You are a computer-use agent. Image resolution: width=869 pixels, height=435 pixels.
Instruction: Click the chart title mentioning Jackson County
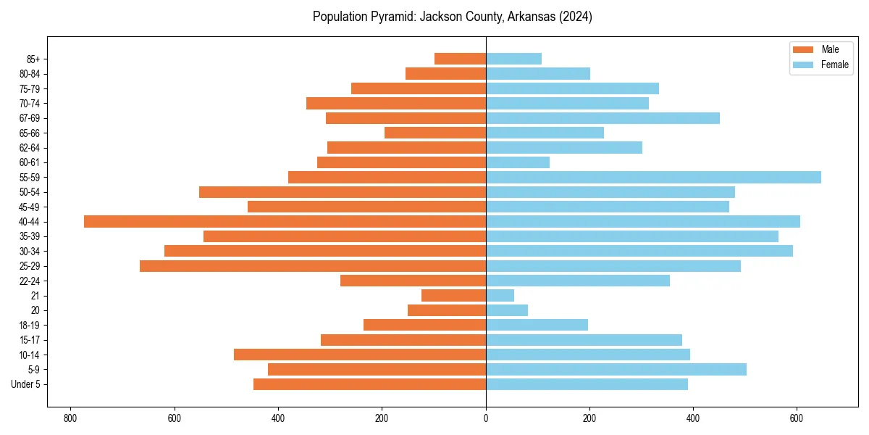pyautogui.click(x=452, y=17)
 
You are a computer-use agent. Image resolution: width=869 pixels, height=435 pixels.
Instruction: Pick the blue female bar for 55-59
pyautogui.click(x=653, y=177)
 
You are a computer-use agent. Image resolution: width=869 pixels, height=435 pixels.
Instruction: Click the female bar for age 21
pyautogui.click(x=500, y=295)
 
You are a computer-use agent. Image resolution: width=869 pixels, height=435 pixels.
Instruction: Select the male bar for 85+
pyautogui.click(x=460, y=59)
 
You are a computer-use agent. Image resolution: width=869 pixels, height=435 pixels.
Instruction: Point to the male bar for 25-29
pyautogui.click(x=312, y=266)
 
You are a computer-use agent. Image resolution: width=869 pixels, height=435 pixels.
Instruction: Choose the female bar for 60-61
pyautogui.click(x=518, y=162)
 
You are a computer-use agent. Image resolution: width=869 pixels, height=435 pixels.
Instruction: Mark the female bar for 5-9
pyautogui.click(x=616, y=369)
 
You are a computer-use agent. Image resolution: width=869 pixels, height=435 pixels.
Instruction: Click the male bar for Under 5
pyautogui.click(x=369, y=384)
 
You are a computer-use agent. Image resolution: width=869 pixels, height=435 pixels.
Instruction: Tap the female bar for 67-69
pyautogui.click(x=603, y=118)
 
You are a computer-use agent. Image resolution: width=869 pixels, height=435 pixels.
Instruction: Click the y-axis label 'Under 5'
pyautogui.click(x=26, y=384)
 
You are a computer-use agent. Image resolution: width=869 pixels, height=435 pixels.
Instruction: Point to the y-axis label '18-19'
pyautogui.click(x=30, y=325)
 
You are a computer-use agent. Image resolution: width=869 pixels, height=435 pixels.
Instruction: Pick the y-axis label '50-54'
pyautogui.click(x=30, y=192)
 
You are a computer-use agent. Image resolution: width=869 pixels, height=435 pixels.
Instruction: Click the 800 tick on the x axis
pyautogui.click(x=70, y=418)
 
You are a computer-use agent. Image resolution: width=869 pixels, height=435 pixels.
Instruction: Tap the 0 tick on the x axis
pyautogui.click(x=486, y=418)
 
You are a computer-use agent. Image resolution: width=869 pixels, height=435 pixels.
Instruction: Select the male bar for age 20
pyautogui.click(x=447, y=310)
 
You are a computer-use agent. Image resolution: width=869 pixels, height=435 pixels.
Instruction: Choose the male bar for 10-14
pyautogui.click(x=360, y=355)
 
